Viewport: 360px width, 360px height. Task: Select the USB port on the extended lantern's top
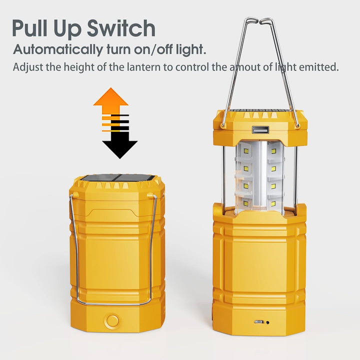coord(260,130)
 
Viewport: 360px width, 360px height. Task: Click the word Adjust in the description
coord(27,66)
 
